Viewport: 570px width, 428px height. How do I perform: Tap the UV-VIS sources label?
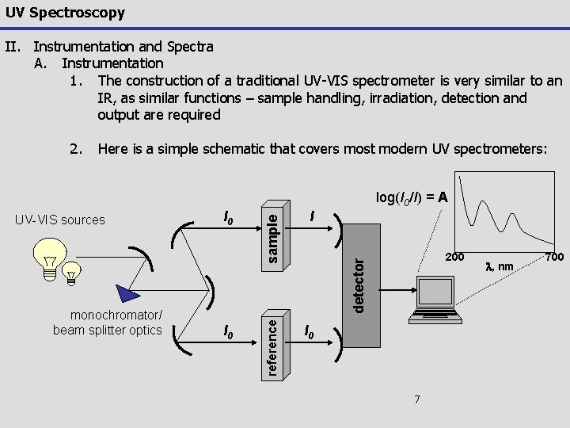[x=60, y=220]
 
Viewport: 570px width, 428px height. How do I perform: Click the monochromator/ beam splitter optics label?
[x=108, y=323]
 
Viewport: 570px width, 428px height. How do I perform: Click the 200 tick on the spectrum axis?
[x=454, y=257]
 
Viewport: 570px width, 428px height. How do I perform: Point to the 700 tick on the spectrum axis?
[x=553, y=257]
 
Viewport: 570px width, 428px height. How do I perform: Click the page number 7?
[x=417, y=399]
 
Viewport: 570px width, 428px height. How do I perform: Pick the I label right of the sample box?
[x=314, y=216]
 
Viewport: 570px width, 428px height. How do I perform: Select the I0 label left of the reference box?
[x=228, y=328]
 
